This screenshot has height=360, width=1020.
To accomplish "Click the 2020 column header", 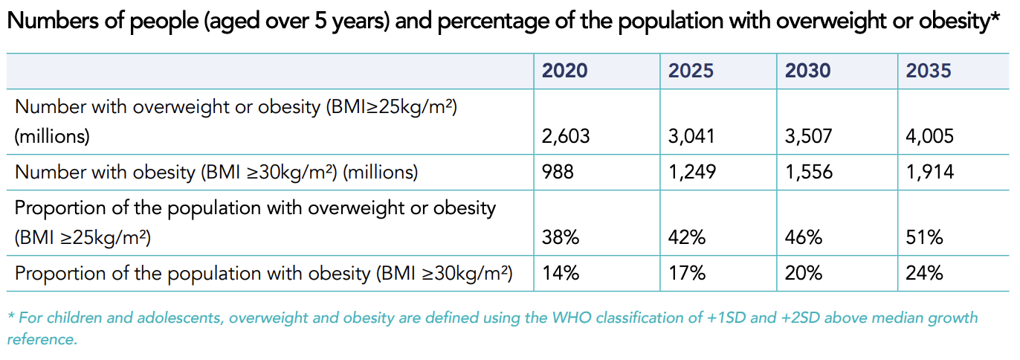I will coord(564,71).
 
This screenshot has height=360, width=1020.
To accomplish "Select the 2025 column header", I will coord(691,71).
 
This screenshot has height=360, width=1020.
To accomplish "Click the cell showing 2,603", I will coord(566,137).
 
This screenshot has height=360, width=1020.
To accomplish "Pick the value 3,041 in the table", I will coord(692,137).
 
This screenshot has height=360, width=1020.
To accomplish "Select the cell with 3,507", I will coord(809,137).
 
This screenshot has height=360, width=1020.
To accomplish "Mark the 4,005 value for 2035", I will coord(929,137).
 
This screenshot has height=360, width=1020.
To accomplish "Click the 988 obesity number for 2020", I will coord(558,173).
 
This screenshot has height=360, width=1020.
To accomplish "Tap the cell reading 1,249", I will coord(692,173).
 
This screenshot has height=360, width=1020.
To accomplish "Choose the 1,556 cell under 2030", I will coord(809,173).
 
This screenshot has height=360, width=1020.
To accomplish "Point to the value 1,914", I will coord(929,173).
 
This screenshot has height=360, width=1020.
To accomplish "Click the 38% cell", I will coord(561,238).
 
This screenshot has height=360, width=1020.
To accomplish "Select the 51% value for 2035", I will coord(924,238).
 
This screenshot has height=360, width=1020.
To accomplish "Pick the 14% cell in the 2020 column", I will coord(561,273).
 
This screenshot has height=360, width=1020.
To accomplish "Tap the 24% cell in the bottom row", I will coord(924,273).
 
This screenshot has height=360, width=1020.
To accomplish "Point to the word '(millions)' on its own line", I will coord(52,137).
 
